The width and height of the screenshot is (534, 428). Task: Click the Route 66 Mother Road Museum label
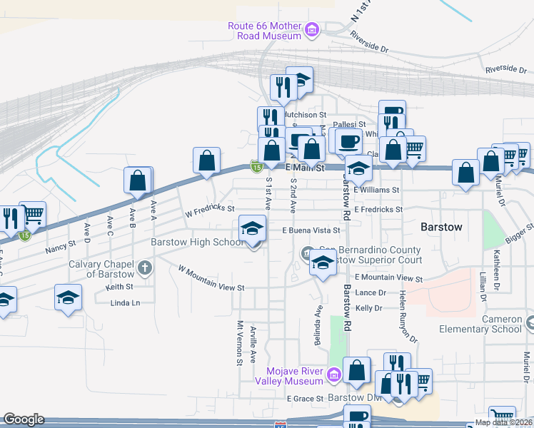(x=265, y=31)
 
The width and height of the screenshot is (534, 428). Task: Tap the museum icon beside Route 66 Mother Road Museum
(x=312, y=30)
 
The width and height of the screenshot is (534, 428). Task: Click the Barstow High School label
(x=198, y=242)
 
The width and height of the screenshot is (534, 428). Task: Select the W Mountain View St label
(x=211, y=279)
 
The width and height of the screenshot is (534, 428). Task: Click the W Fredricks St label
(x=210, y=210)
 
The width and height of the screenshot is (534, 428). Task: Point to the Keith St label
(x=119, y=287)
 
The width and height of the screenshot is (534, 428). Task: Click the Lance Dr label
(x=371, y=293)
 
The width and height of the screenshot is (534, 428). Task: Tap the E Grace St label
(x=306, y=399)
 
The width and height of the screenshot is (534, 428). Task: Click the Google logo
(x=24, y=419)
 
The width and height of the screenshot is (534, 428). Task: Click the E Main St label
(x=306, y=168)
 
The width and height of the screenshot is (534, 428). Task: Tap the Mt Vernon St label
(x=241, y=343)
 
